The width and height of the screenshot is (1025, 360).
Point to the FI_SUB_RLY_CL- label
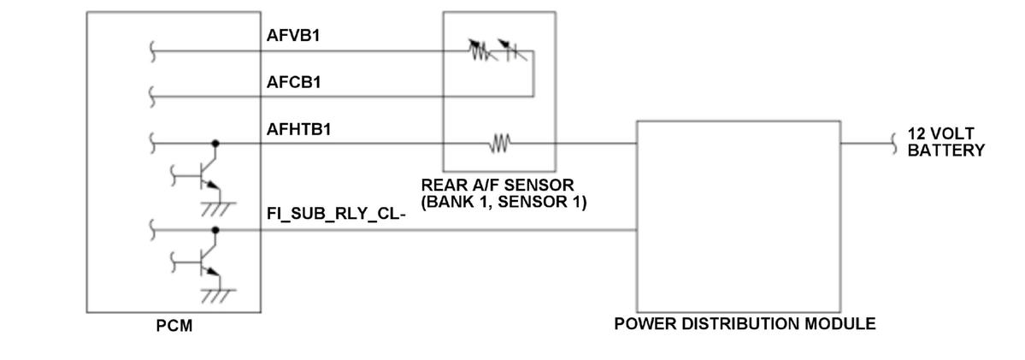[336, 214]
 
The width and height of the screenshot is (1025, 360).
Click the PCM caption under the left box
[174, 326]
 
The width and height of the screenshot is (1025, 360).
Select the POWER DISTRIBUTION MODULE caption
[745, 324]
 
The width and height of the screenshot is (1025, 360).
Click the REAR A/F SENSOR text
[497, 186]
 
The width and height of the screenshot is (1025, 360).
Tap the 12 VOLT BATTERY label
[945, 143]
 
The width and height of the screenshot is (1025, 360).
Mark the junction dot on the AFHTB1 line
[215, 144]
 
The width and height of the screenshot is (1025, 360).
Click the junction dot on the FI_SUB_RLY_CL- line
[215, 230]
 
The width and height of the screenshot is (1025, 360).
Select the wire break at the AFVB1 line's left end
[152, 51]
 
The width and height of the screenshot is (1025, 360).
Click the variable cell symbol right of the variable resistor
[512, 53]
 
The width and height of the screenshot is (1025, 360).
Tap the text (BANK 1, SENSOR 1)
[504, 203]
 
